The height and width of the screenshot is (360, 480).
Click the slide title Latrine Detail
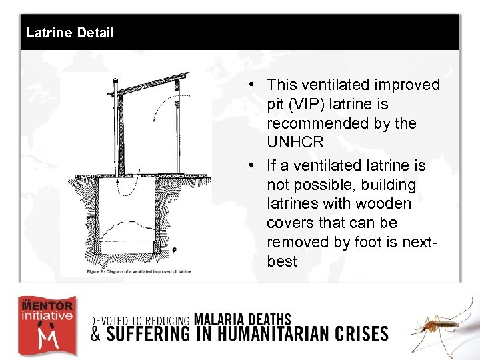[x=70, y=33]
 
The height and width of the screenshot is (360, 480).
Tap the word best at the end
[x=281, y=261]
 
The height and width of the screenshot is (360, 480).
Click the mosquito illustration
[x=440, y=327]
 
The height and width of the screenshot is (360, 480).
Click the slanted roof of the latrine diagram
[x=150, y=86]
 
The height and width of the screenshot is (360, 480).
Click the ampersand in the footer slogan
[x=96, y=333]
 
